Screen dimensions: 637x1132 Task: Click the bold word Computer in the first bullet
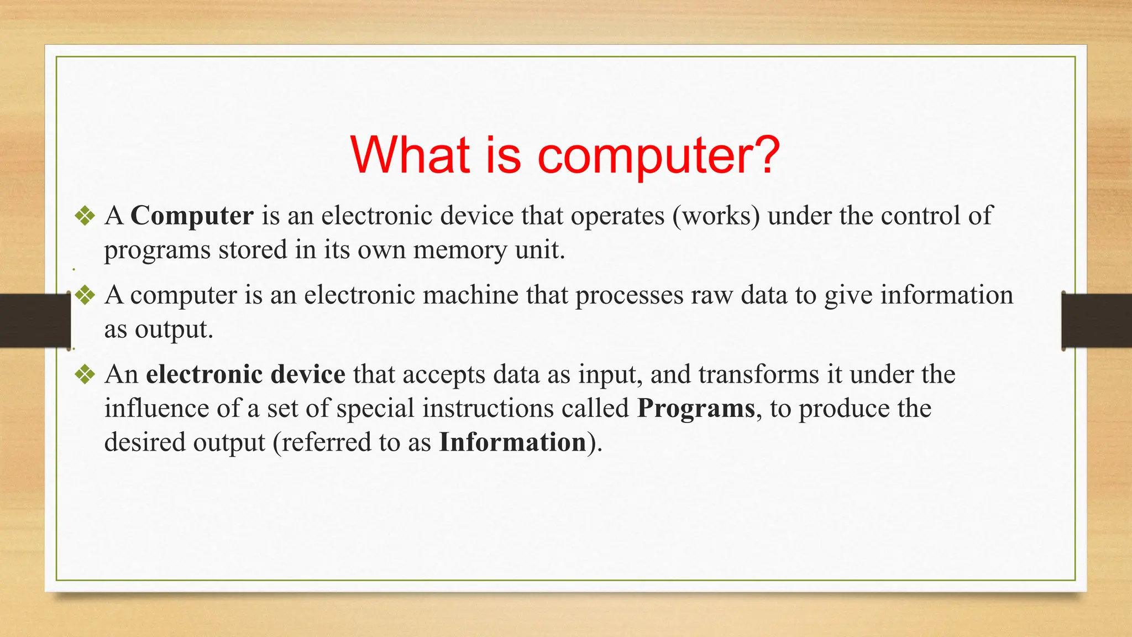tap(192, 216)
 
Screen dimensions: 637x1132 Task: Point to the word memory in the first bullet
tap(459, 250)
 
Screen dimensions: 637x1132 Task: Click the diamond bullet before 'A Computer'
tap(85, 216)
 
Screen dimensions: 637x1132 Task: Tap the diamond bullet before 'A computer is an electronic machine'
tap(85, 295)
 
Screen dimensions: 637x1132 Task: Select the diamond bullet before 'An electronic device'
tap(85, 375)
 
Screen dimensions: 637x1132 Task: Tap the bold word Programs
tap(696, 409)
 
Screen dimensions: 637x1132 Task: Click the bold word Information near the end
tap(512, 442)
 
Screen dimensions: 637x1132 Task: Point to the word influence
tap(156, 409)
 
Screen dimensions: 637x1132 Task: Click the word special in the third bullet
tap(375, 409)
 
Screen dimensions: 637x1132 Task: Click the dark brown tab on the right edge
tap(1097, 321)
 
